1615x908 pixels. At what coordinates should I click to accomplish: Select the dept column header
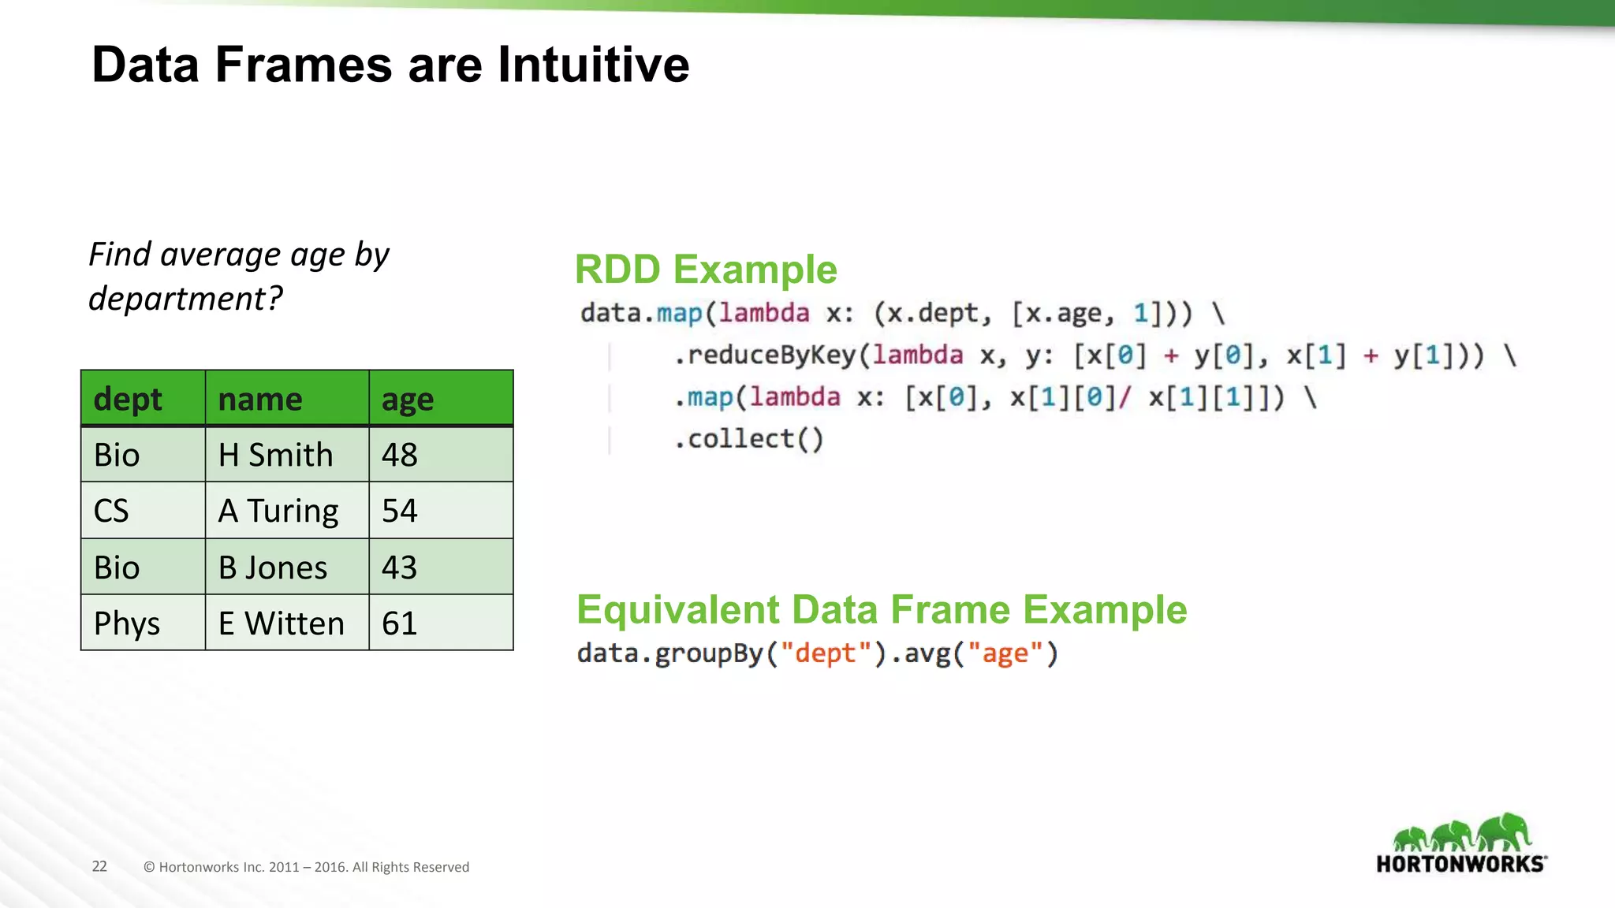click(128, 399)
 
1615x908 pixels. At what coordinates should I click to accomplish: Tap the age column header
click(408, 399)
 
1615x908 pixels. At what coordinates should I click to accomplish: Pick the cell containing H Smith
click(275, 455)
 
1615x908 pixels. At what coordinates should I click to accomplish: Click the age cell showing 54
click(399, 511)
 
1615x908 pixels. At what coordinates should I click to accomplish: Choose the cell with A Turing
click(278, 511)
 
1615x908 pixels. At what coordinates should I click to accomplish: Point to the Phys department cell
click(126, 623)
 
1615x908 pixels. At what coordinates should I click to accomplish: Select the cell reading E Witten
click(282, 623)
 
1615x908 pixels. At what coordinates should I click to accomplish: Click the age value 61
click(399, 623)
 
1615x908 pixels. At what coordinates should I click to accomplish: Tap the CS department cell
click(111, 511)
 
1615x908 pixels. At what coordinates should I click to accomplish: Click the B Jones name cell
click(273, 567)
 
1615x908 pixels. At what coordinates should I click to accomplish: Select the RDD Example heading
click(705, 270)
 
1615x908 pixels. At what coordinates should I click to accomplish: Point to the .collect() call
click(748, 439)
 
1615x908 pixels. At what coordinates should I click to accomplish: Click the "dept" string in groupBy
click(825, 653)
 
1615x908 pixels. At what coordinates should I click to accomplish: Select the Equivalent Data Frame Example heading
click(881, 609)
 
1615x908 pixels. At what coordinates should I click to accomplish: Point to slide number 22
click(99, 866)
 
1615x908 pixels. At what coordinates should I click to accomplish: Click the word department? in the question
click(185, 299)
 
